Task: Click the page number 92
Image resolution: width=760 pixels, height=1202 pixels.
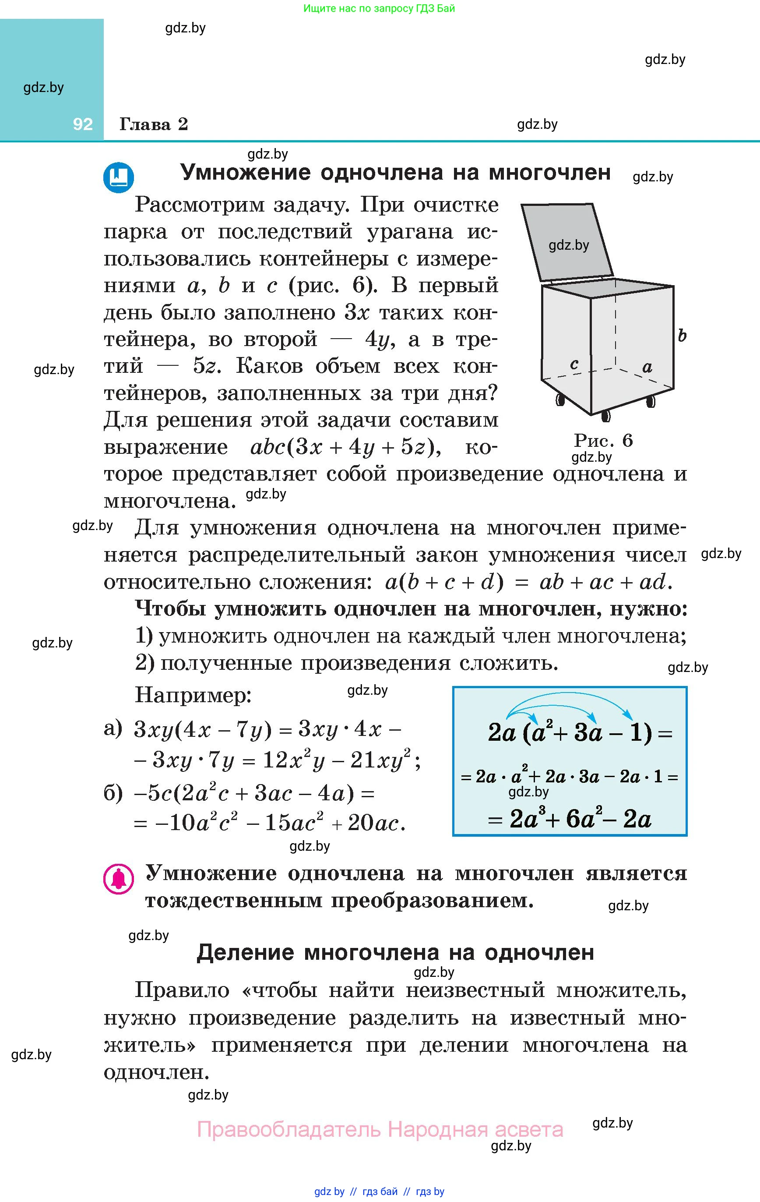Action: (x=82, y=124)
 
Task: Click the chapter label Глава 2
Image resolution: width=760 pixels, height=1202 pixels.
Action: (x=153, y=124)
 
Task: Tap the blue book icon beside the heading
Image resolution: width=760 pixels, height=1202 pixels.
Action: (x=118, y=177)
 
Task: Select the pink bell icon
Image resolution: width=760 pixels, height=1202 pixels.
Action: (x=118, y=879)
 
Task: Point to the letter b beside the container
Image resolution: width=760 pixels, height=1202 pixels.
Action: (x=682, y=336)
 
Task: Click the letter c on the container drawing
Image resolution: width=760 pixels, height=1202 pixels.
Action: (x=574, y=364)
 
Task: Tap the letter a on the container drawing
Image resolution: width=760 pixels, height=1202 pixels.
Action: (x=647, y=368)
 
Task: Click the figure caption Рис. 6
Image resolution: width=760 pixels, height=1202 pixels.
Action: (x=603, y=440)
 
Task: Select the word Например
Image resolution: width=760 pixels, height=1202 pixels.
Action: (x=193, y=695)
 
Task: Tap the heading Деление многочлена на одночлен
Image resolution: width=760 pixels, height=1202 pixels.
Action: (x=395, y=952)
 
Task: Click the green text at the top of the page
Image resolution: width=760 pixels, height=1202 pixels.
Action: (x=379, y=8)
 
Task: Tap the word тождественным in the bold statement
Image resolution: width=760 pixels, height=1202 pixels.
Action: (x=232, y=901)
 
